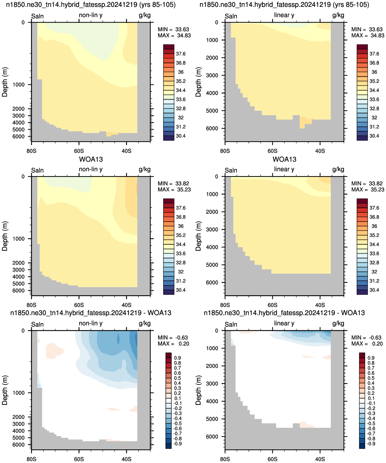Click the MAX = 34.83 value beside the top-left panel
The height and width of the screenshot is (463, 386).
click(x=174, y=36)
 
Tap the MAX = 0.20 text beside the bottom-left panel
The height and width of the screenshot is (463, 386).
click(x=173, y=343)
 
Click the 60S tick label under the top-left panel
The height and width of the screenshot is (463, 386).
click(x=79, y=151)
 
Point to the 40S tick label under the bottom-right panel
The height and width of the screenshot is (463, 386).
click(x=320, y=459)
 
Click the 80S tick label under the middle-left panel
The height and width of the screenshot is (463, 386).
click(x=31, y=305)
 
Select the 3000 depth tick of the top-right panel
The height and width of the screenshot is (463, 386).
click(x=212, y=75)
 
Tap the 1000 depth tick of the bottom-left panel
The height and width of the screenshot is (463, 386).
click(x=18, y=393)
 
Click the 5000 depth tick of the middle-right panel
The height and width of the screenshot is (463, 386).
click(x=212, y=265)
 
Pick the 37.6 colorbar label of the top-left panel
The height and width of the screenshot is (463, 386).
click(x=181, y=54)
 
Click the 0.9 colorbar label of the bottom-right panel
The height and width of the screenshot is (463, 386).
click(x=371, y=358)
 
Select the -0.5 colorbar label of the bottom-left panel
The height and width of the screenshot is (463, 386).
click(x=177, y=424)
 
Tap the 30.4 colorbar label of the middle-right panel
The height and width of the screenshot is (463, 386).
click(x=374, y=290)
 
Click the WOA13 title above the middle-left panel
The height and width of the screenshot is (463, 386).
click(x=91, y=159)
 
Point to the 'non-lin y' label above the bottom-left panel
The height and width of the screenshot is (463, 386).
click(x=90, y=323)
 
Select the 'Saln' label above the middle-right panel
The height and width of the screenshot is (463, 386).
click(x=231, y=170)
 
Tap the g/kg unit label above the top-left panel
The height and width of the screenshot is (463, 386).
click(x=144, y=15)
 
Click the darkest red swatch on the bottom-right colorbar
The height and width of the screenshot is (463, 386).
click(x=362, y=355)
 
